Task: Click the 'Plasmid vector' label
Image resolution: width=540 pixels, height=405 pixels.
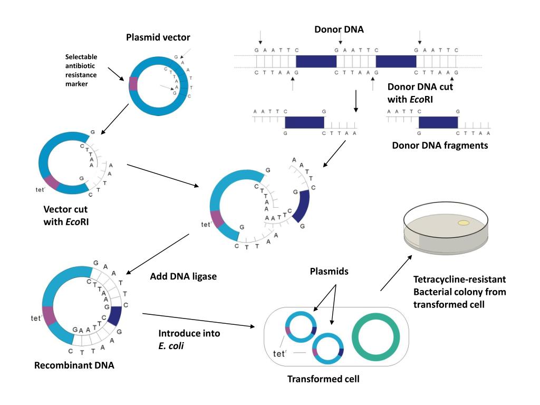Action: pos(158,37)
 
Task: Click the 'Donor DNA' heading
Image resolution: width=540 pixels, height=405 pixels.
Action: pos(339,30)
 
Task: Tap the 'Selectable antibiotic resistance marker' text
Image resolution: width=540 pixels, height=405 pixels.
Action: pos(81,70)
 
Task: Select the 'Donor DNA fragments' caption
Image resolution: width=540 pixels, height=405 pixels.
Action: pos(440,145)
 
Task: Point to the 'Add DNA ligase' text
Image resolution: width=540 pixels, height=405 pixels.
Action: pos(183,276)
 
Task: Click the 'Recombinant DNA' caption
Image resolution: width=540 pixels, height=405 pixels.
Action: pos(74,365)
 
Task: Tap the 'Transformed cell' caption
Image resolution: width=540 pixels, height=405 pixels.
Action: pos(323,379)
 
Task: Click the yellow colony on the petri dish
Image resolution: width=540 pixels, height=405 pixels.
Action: pos(464,223)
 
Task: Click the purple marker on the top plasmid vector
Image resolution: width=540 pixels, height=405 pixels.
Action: pos(133,83)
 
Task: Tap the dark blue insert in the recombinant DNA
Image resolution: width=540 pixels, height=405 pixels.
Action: pos(115,316)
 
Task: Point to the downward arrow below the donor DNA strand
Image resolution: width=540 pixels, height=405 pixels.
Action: pos(356,101)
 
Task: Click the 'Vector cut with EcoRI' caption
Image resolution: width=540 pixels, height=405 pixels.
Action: pos(66,216)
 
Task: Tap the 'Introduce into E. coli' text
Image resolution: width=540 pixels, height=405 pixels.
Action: pos(189,339)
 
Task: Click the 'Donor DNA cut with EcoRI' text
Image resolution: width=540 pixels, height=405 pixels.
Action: pos(420,92)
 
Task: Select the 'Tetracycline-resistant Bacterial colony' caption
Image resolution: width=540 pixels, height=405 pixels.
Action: pos(459,292)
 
